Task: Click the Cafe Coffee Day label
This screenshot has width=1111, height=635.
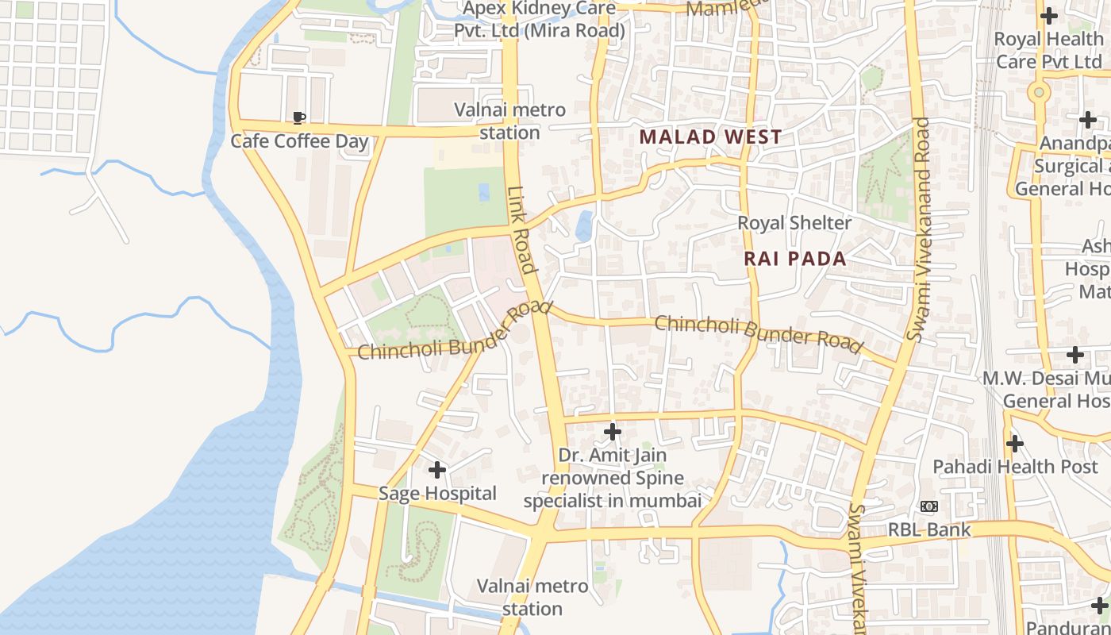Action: click(x=299, y=141)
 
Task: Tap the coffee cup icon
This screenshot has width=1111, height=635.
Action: click(x=299, y=118)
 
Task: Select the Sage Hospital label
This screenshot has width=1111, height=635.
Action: click(x=437, y=494)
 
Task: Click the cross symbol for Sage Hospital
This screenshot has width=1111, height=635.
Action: click(x=437, y=470)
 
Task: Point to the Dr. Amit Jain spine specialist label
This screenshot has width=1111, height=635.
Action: click(x=612, y=479)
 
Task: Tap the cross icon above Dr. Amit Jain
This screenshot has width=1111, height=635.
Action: click(x=612, y=432)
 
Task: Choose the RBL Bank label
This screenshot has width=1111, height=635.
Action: click(x=929, y=530)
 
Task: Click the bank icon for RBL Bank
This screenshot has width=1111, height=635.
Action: click(x=929, y=506)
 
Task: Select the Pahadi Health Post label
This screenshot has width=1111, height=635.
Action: click(x=1015, y=467)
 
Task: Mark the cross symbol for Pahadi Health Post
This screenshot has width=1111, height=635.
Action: click(x=1015, y=444)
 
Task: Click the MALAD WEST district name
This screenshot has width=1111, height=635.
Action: click(x=710, y=137)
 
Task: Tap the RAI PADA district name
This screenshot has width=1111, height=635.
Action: click(x=795, y=259)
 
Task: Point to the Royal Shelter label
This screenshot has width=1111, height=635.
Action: click(x=794, y=223)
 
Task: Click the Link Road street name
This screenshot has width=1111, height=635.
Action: click(x=523, y=230)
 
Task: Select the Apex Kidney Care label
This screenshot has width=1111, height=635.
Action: click(x=540, y=20)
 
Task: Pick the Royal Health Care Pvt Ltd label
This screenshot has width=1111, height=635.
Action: click(x=1048, y=49)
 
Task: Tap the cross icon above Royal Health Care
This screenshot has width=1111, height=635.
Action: click(x=1049, y=15)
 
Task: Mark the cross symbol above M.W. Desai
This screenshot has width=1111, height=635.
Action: click(x=1075, y=355)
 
